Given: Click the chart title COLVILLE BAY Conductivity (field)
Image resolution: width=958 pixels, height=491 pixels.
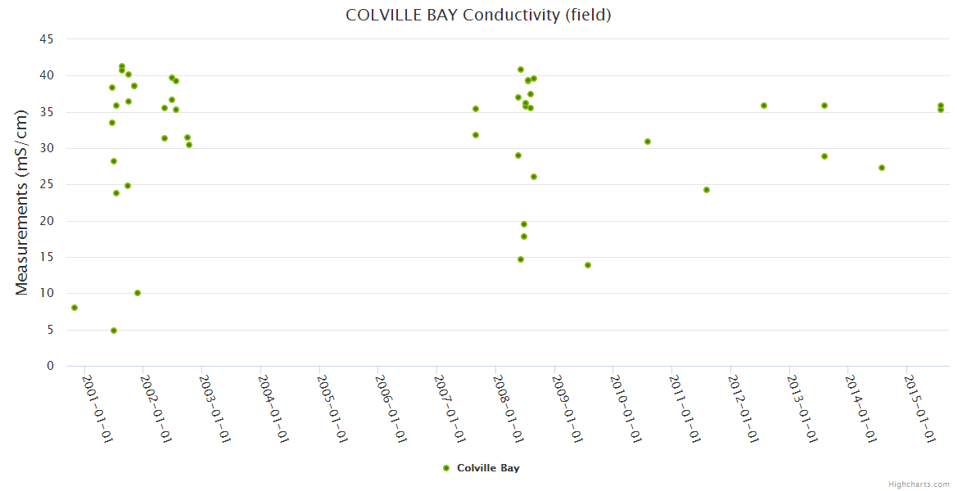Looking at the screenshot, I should tap(478, 15).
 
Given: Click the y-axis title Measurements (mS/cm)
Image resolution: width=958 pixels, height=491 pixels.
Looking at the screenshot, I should tap(22, 202).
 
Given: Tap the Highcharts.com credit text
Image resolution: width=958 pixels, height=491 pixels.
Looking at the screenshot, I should tap(919, 484).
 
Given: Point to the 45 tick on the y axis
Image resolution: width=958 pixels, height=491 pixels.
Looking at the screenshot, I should tap(47, 39).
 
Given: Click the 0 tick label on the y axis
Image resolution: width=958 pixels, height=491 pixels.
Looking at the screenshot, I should tap(50, 366).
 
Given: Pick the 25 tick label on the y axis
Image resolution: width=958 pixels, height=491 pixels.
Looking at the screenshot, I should tap(47, 184).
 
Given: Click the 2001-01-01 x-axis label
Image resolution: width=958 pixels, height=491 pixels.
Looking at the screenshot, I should tap(97, 408).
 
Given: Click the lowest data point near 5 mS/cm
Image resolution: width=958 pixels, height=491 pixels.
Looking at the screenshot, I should tap(114, 331).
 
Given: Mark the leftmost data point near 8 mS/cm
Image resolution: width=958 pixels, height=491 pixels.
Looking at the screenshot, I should tap(75, 308).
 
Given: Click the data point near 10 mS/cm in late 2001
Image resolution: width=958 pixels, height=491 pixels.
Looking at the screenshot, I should tap(138, 293).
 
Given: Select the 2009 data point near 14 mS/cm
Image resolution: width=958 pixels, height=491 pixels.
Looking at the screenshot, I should tap(588, 265).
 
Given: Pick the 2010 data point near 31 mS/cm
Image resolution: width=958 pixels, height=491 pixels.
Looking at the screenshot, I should tap(648, 142).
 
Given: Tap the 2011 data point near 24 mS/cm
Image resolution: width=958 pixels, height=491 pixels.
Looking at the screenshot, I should tap(707, 190).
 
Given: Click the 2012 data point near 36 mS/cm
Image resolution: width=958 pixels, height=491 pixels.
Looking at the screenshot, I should tap(764, 106).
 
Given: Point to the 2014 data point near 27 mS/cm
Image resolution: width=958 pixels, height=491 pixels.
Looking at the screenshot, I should tap(882, 168).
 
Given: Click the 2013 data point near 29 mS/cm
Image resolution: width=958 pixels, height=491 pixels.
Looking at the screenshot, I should tap(825, 156).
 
